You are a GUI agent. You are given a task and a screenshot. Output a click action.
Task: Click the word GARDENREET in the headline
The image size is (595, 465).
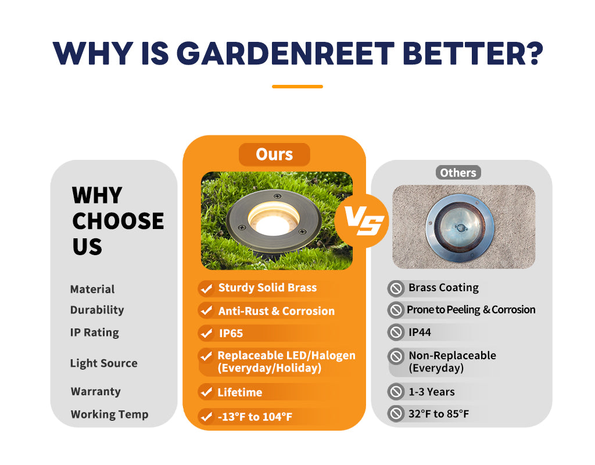(285, 53)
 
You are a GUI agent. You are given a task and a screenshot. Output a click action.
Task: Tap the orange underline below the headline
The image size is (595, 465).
(297, 87)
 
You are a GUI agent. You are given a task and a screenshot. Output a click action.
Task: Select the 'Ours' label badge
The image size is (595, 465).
(274, 155)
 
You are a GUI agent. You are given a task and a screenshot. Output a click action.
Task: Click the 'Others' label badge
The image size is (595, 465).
(458, 173)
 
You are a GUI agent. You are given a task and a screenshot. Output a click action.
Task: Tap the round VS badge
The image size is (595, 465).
(361, 220)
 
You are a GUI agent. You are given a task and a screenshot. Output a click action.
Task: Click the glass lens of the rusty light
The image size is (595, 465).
(460, 227)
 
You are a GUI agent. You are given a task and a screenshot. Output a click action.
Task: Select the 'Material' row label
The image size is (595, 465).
(92, 289)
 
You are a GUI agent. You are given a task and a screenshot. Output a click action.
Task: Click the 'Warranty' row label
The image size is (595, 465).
(96, 391)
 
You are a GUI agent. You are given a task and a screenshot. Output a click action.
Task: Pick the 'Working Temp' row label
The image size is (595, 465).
(109, 414)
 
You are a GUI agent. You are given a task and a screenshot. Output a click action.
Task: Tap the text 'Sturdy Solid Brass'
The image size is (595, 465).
(267, 288)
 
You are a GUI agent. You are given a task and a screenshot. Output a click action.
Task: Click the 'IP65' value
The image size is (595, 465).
(231, 333)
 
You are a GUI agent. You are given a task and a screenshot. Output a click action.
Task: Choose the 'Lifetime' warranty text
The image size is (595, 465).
(240, 392)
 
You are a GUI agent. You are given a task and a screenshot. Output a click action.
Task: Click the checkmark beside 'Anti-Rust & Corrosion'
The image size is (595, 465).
(206, 311)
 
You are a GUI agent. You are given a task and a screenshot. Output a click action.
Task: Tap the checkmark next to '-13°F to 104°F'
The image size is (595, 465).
(206, 417)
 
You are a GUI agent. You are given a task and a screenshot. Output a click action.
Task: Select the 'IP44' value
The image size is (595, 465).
(420, 332)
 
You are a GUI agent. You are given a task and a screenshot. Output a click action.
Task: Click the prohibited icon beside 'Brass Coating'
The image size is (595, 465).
(396, 288)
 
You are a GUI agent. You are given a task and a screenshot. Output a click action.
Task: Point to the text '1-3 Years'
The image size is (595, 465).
(432, 392)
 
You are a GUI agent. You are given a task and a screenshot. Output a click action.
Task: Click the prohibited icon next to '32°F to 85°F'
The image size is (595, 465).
(396, 414)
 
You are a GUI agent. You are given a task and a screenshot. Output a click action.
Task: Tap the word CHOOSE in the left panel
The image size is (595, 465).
(118, 221)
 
